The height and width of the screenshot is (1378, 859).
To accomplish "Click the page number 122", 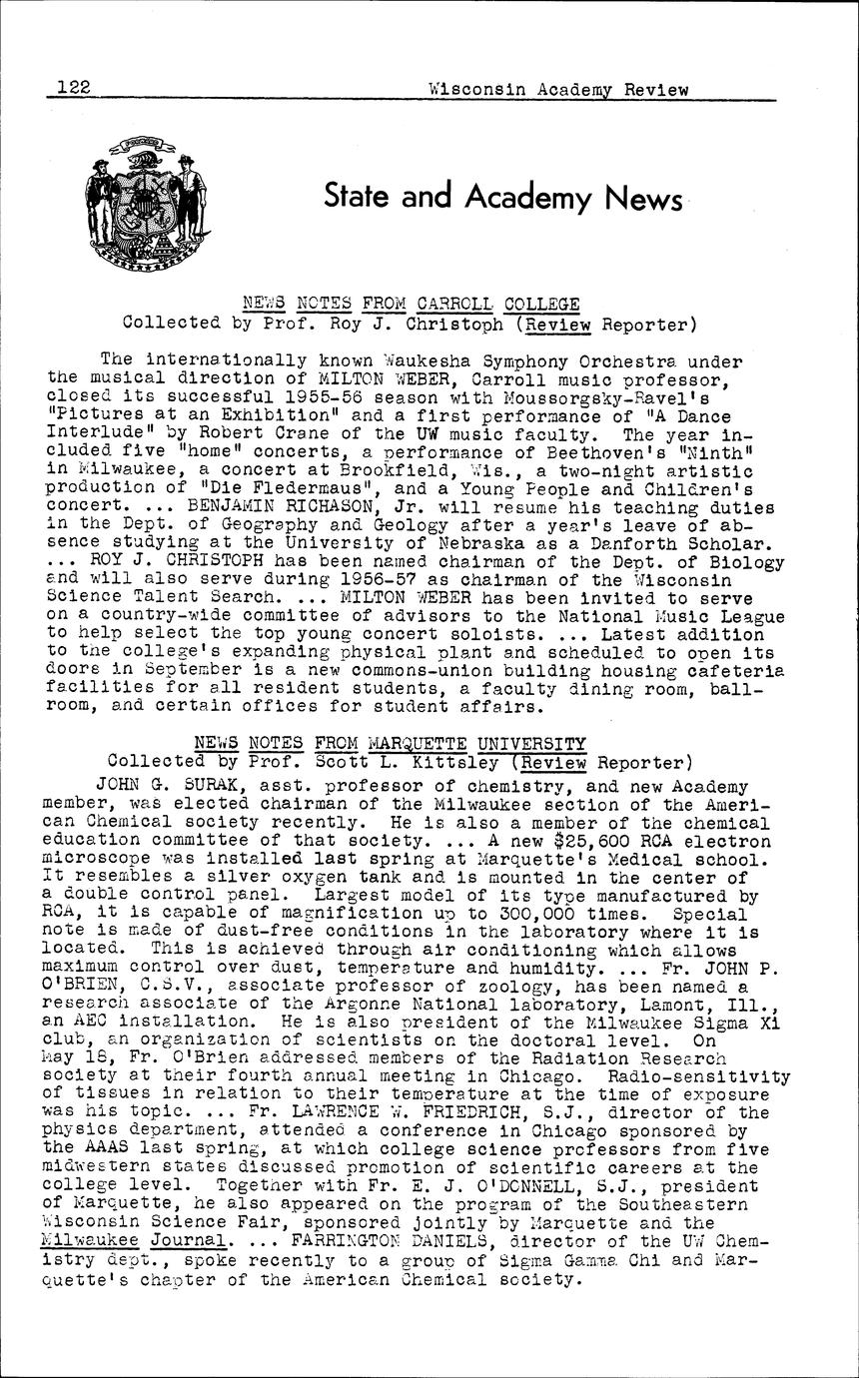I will pos(75,88).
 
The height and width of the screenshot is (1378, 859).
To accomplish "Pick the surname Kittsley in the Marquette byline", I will pos(459,761).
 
